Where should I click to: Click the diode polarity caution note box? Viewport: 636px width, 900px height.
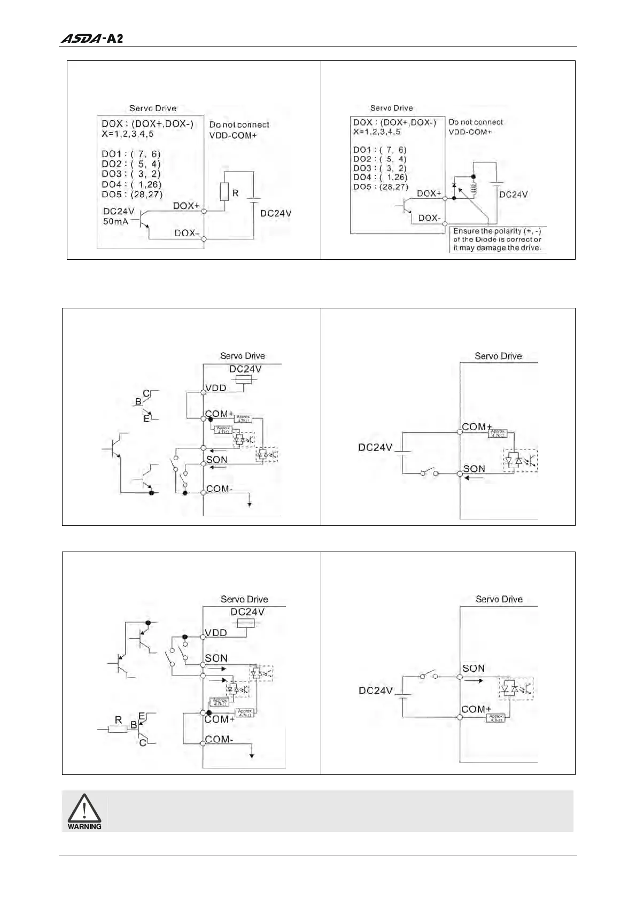point(497,239)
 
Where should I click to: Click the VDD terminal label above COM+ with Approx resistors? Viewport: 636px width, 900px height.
point(216,388)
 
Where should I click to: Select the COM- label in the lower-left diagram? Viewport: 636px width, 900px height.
point(219,739)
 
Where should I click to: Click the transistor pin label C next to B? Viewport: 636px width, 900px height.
point(146,394)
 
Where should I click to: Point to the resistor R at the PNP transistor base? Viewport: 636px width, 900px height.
point(118,728)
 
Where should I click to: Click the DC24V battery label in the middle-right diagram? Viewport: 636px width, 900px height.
point(375,447)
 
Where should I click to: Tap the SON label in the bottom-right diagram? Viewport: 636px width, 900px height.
point(474,668)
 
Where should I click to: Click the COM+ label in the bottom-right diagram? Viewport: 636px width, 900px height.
point(476,709)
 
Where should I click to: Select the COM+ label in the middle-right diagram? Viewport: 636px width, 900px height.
point(477,426)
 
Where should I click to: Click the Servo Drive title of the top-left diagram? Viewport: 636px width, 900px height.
point(153,108)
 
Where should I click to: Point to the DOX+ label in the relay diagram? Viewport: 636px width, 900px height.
point(429,193)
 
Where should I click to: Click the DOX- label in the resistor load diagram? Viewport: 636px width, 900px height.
point(187,233)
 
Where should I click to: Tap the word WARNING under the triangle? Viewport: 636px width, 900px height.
point(84,826)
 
